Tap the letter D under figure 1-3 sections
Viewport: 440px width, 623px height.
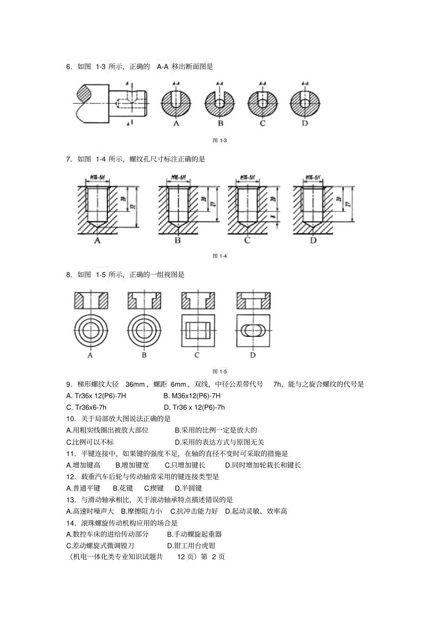pos(304,123)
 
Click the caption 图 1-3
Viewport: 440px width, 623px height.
pos(220,140)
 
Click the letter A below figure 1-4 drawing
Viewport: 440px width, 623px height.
pos(97,241)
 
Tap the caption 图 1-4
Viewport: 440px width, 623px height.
pos(220,256)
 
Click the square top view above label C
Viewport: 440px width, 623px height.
pos(198,331)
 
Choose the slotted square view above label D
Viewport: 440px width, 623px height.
pos(253,331)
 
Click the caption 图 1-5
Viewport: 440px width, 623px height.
pos(220,371)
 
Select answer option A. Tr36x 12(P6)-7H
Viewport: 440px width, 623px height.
pos(96,396)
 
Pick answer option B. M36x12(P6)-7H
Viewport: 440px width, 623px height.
pos(192,396)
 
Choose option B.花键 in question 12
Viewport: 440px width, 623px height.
pos(123,488)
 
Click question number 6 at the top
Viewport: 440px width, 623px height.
pos(69,67)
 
